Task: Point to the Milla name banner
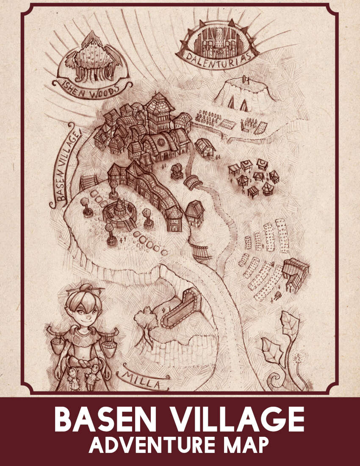coord(139,380)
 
